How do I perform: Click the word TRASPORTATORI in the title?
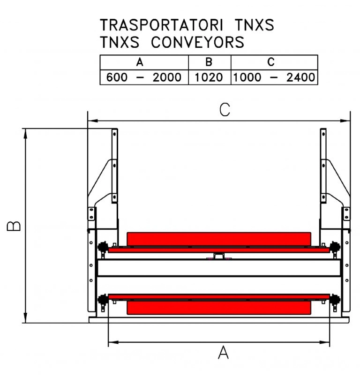point(161,25)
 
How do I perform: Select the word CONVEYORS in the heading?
point(198,42)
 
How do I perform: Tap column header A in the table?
point(140,62)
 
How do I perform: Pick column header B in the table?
point(209,62)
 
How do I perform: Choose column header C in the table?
point(271,62)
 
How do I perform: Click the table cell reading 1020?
point(209,77)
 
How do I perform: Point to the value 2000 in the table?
point(167,77)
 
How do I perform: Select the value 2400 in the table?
point(301,77)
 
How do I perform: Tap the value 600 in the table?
point(117,77)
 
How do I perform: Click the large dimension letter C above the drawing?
point(225,110)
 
